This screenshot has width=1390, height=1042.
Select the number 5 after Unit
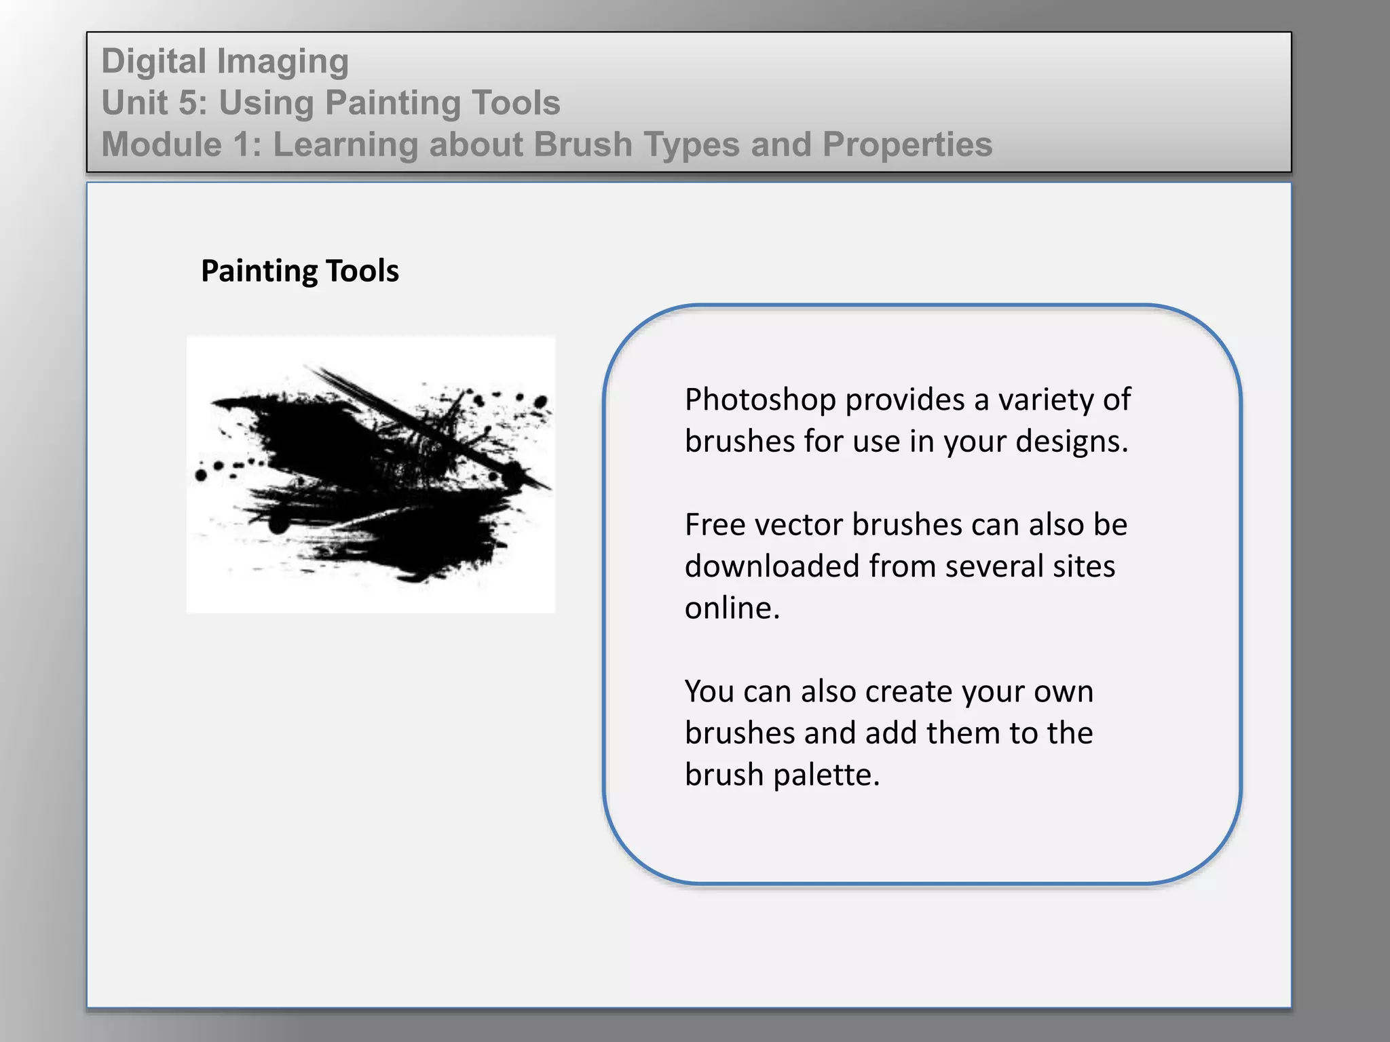tap(188, 103)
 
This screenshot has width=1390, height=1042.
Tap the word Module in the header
tap(162, 144)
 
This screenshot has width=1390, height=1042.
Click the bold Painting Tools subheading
tap(300, 271)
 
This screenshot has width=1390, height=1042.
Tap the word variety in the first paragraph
tap(1043, 400)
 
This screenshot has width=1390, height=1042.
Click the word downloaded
tap(772, 566)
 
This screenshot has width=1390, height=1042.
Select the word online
tap(732, 609)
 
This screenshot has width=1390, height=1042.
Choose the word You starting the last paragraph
tap(709, 692)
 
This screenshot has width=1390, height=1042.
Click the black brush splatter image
tap(371, 475)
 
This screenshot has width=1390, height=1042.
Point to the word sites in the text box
tap(1083, 566)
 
